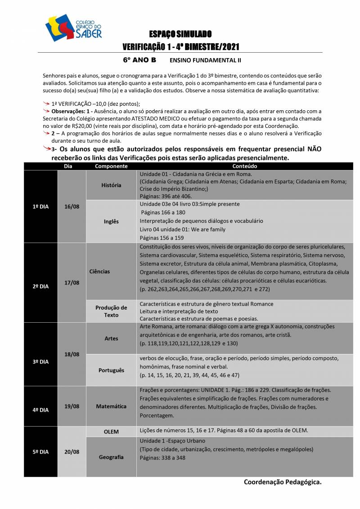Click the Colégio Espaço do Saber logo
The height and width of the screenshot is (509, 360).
click(73, 27)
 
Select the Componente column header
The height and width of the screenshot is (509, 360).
click(111, 167)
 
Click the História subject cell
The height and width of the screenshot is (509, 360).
click(111, 185)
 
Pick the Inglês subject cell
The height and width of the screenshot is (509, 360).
click(111, 221)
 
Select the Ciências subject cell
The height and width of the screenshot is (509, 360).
click(99, 271)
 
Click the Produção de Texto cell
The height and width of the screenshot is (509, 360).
click(111, 311)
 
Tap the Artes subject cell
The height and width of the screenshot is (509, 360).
click(111, 338)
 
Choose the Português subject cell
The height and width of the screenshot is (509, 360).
click(111, 370)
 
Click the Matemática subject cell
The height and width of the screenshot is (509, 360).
click(111, 406)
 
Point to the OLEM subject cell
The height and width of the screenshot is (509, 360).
click(111, 432)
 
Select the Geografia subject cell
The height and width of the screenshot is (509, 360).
click(111, 457)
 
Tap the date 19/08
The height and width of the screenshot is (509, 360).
click(72, 406)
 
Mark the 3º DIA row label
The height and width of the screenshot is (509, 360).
click(40, 362)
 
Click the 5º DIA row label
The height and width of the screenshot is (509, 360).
click(40, 452)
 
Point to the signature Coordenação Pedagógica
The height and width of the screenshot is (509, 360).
click(283, 482)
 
